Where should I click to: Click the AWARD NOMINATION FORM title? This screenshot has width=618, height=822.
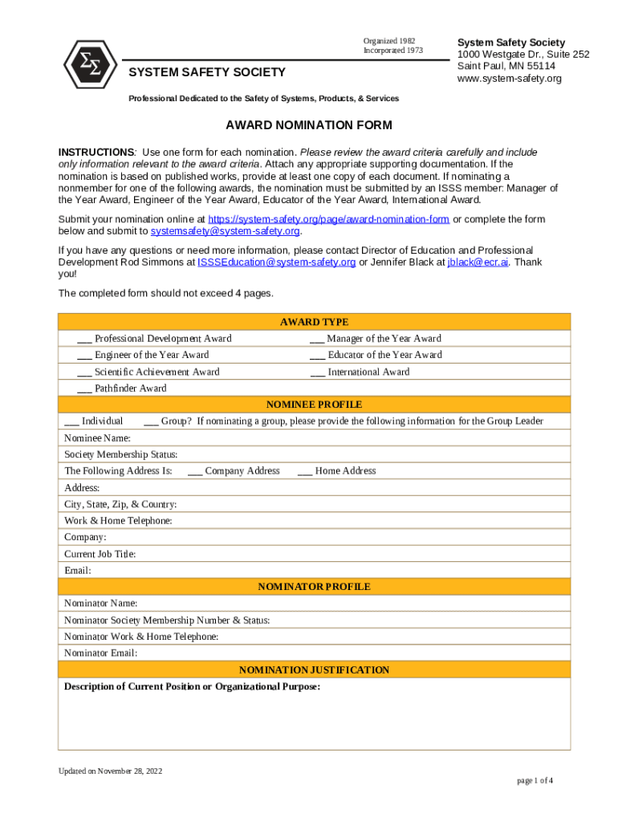pos(309,125)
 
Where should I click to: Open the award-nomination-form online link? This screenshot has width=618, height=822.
pos(328,219)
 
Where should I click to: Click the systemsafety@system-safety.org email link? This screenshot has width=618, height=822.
pos(225,231)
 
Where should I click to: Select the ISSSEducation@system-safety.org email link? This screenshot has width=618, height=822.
pos(276,262)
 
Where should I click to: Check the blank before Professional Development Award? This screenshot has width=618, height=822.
pos(84,340)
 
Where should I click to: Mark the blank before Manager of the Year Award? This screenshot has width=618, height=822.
pos(317,340)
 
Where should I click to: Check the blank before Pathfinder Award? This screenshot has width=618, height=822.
pos(84,389)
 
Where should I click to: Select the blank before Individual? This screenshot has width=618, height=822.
pos(71,422)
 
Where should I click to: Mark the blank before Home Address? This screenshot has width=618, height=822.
pos(305,472)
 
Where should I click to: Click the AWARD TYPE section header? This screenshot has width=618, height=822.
pos(314,322)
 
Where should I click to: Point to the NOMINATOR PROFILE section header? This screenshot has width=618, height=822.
pos(314,587)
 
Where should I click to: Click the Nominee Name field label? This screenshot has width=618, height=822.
pos(97,438)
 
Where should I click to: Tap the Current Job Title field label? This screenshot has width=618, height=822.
pos(100,554)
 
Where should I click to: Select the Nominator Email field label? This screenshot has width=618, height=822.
pos(100,653)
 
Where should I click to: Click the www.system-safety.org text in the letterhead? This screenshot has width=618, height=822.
pos(509,79)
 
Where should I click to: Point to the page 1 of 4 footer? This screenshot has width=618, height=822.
pos(534,780)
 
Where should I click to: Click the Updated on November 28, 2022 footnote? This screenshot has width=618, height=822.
pos(110,771)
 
